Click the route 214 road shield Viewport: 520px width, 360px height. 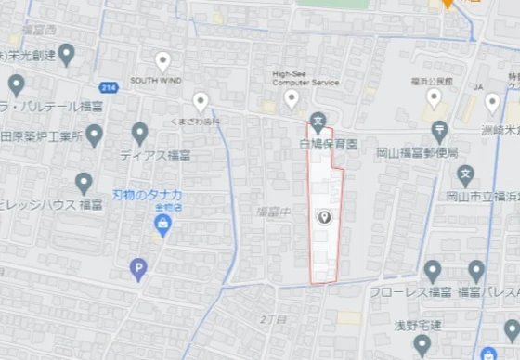(109, 87)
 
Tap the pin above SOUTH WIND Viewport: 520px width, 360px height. (162, 62)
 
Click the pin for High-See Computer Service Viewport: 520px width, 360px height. (292, 98)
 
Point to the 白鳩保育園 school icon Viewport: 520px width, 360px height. (318, 120)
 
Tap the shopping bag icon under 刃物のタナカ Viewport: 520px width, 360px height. (164, 224)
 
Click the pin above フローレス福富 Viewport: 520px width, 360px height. (432, 271)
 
